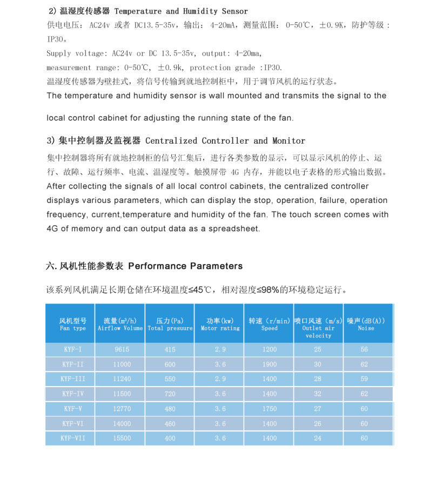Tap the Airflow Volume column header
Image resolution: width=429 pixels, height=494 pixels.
(120, 324)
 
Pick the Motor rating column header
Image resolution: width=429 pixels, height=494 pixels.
(220, 324)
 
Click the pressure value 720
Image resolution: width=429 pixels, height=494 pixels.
(170, 394)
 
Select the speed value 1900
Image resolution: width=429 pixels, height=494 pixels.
(270, 364)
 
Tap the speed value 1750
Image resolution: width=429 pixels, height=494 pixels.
(270, 409)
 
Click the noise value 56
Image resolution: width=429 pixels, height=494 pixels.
(364, 349)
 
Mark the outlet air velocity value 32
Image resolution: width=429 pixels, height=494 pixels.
(318, 394)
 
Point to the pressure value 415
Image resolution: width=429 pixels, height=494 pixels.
(170, 349)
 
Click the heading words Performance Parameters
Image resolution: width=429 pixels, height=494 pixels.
(185, 266)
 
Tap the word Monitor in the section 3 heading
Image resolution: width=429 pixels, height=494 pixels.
(289, 141)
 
